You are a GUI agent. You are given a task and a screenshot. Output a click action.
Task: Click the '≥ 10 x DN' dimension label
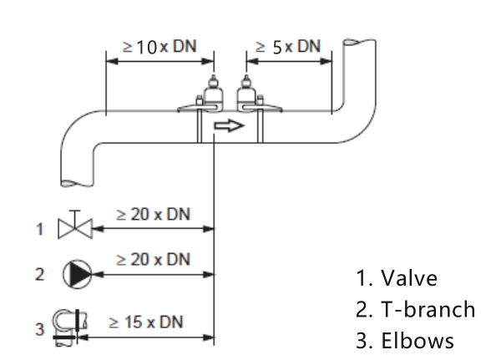pyautogui.click(x=159, y=47)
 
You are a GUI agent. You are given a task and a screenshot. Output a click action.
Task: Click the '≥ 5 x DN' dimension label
pyautogui.click(x=288, y=47)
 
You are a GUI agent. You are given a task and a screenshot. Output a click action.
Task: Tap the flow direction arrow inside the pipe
pyautogui.click(x=230, y=125)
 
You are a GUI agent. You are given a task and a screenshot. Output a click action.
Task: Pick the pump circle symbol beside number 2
pyautogui.click(x=77, y=274)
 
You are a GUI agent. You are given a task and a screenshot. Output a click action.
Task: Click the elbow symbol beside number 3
pyautogui.click(x=70, y=327)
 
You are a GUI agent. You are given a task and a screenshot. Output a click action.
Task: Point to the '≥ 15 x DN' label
pyautogui.click(x=146, y=322)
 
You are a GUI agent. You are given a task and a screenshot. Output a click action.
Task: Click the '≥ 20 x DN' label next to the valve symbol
pyautogui.click(x=154, y=214)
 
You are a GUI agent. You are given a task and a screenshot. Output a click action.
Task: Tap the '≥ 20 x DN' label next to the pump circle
pyautogui.click(x=154, y=259)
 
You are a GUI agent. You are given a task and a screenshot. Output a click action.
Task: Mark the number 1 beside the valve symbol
pyautogui.click(x=39, y=229)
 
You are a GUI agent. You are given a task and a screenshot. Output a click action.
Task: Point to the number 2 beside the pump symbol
pyautogui.click(x=39, y=274)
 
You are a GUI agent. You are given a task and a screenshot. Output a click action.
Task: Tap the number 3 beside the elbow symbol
pyautogui.click(x=39, y=329)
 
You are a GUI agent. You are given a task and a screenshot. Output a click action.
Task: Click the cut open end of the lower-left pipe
pyautogui.click(x=77, y=183)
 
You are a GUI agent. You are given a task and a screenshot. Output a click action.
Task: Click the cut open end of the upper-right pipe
pyautogui.click(x=360, y=42)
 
